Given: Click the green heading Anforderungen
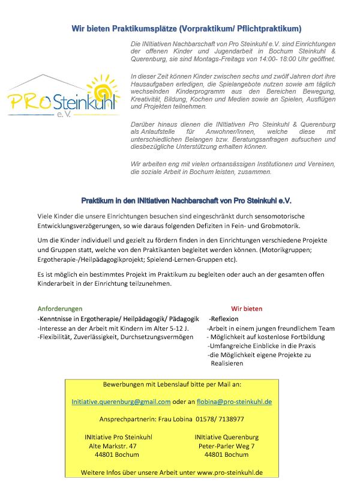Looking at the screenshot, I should click(60, 309).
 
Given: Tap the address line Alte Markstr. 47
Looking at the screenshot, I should click(113, 446).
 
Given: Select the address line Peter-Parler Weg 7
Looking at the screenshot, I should click(226, 446).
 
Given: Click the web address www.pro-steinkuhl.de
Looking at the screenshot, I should click(230, 472).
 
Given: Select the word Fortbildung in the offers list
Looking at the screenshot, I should click(307, 337).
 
